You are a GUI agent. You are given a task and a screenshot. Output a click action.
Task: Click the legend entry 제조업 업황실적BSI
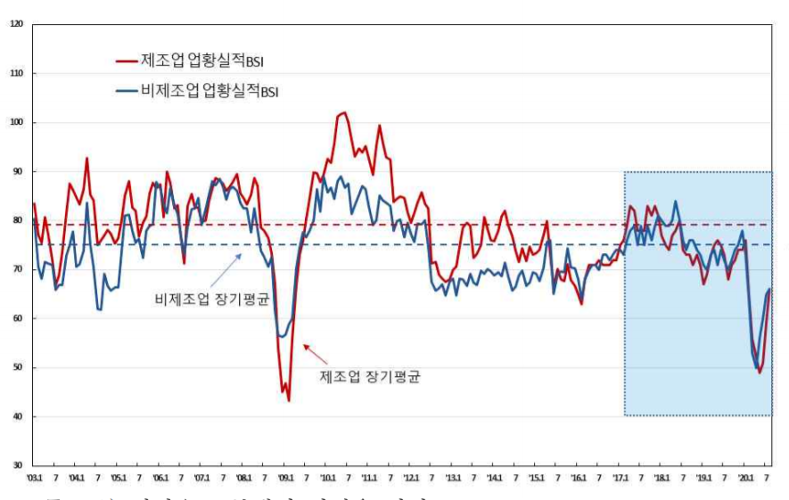click(x=201, y=61)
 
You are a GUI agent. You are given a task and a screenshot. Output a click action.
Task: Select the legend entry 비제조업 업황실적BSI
click(x=210, y=90)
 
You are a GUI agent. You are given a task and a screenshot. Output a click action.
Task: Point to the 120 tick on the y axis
click(x=16, y=24)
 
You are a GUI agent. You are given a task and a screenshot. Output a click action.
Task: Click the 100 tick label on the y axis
click(x=16, y=122)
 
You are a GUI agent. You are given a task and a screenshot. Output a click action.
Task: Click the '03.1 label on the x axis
click(x=34, y=478)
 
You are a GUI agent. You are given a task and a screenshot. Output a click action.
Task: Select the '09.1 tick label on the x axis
click(x=285, y=478)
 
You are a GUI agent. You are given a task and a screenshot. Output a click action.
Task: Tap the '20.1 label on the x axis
click(x=745, y=478)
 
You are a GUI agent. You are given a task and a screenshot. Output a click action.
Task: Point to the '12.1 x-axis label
click(x=411, y=478)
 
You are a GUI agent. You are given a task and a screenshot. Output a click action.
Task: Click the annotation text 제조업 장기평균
click(x=369, y=376)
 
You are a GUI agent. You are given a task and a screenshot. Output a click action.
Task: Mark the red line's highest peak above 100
click(x=343, y=113)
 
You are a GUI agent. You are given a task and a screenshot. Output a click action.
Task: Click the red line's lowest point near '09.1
click(x=289, y=401)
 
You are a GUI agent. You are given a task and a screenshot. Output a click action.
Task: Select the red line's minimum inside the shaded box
click(x=760, y=373)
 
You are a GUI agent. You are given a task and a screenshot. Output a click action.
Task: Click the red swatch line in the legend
click(x=127, y=61)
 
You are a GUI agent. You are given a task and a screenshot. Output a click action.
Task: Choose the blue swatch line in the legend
click(x=127, y=90)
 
